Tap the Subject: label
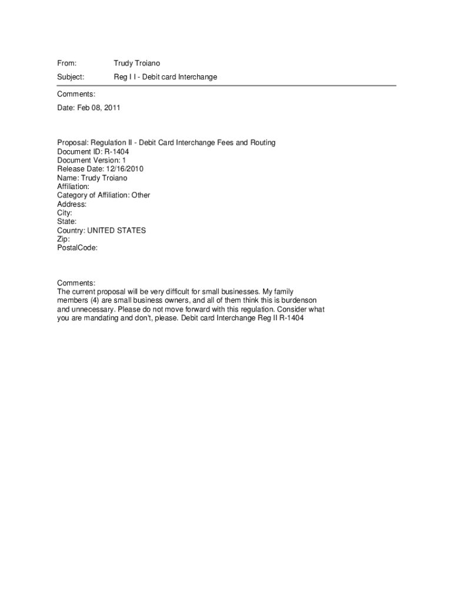click(x=71, y=77)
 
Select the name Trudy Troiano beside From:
click(x=136, y=63)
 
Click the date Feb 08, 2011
click(x=98, y=108)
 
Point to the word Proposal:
click(x=72, y=143)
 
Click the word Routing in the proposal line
click(x=262, y=143)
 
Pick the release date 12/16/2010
click(x=125, y=169)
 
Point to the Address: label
click(x=72, y=204)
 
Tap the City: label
click(x=65, y=213)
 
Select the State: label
click(x=67, y=221)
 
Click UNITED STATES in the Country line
click(x=116, y=230)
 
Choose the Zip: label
click(x=64, y=239)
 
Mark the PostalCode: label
click(x=78, y=248)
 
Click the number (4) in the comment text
click(x=93, y=300)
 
